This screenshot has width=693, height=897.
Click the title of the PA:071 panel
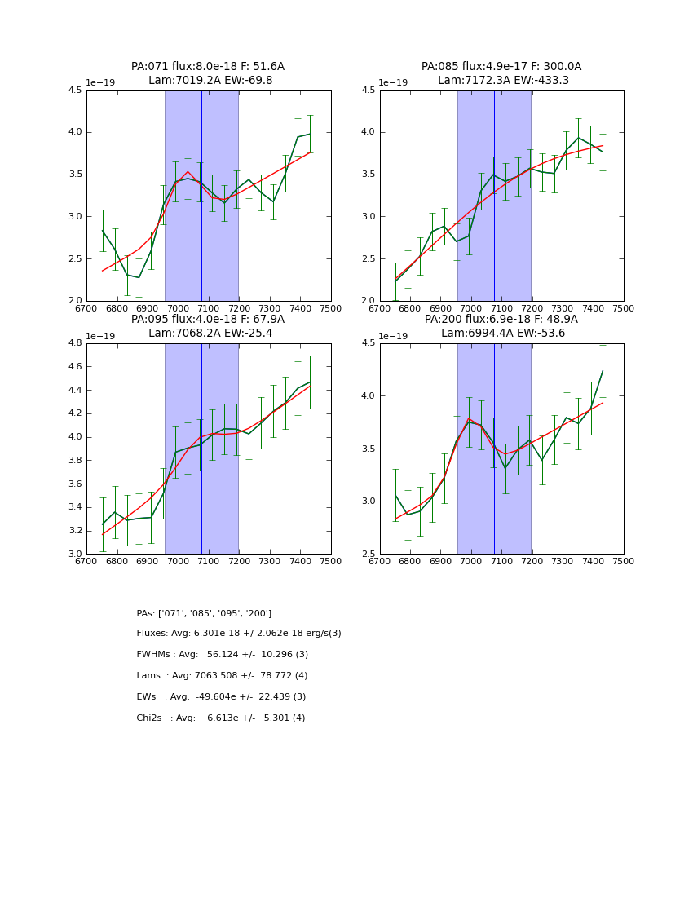pyautogui.click(x=208, y=67)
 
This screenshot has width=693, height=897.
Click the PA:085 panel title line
pyautogui.click(x=501, y=67)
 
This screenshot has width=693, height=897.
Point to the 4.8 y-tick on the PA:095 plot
pyautogui.click(x=74, y=343)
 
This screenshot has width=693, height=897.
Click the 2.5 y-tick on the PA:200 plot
pyautogui.click(x=368, y=554)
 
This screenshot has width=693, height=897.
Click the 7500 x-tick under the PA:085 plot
pyautogui.click(x=623, y=309)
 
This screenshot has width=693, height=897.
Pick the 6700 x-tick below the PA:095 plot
pyautogui.click(x=86, y=562)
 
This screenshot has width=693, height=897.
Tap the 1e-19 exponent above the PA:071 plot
pyautogui.click(x=102, y=82)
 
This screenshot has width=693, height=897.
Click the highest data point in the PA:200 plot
pyautogui.click(x=603, y=371)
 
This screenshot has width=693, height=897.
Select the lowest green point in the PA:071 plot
pyautogui.click(x=139, y=277)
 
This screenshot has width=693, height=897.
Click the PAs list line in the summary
pyautogui.click(x=204, y=613)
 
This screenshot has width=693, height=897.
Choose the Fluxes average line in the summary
pyautogui.click(x=239, y=634)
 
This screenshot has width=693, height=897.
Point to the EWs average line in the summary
pyautogui.click(x=221, y=697)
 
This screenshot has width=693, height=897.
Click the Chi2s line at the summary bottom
pyautogui.click(x=220, y=718)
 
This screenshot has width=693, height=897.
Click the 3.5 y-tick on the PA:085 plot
pyautogui.click(x=368, y=175)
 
